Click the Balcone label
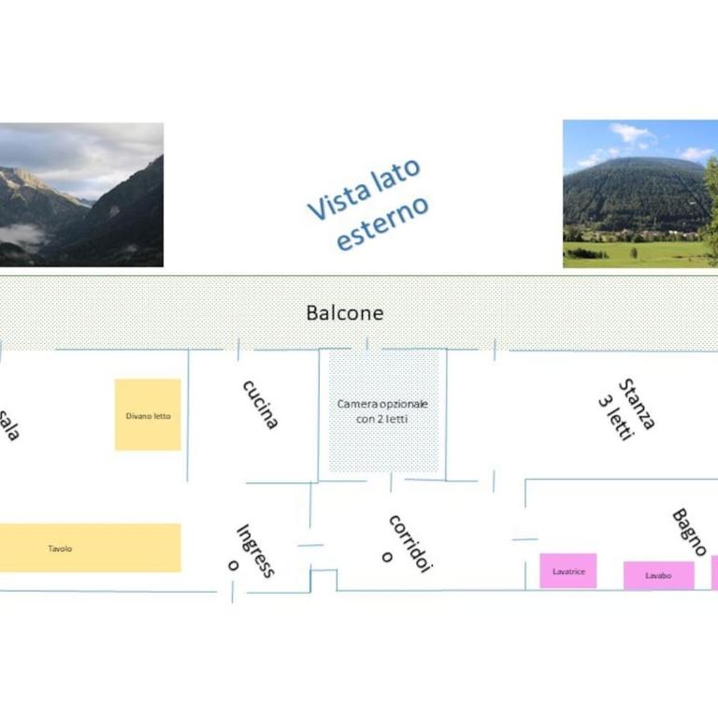(x=345, y=313)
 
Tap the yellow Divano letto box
(x=148, y=415)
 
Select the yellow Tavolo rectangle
(x=90, y=548)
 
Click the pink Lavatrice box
(x=568, y=570)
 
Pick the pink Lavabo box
(x=659, y=575)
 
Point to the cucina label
(x=260, y=405)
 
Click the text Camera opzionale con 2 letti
(x=382, y=411)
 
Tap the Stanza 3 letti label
(x=627, y=409)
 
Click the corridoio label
(x=408, y=544)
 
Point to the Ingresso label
(x=251, y=552)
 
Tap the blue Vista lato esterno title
(x=368, y=204)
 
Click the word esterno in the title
(x=382, y=224)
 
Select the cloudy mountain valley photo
(x=81, y=194)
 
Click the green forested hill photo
(x=640, y=194)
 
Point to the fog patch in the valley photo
(x=22, y=235)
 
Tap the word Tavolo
(x=60, y=549)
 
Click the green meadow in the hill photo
(x=637, y=254)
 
